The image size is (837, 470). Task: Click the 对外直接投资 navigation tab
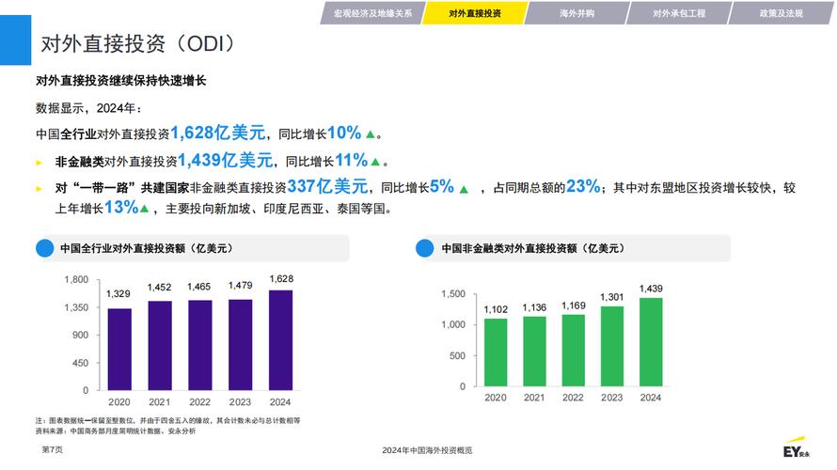(x=474, y=13)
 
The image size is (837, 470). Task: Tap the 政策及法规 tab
(x=781, y=13)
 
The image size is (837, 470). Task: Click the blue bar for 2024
(x=280, y=339)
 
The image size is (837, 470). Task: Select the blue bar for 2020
(x=119, y=349)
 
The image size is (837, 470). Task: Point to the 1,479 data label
(x=240, y=286)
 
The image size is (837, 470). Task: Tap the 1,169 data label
(x=573, y=305)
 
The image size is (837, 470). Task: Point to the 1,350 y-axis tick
(x=76, y=307)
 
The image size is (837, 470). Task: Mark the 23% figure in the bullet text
(x=583, y=186)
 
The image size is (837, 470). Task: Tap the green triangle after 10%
(x=371, y=134)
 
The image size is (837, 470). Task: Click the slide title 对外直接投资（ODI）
(x=137, y=44)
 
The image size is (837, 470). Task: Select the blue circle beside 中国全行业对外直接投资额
(x=44, y=249)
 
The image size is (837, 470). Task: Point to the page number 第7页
(x=53, y=450)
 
